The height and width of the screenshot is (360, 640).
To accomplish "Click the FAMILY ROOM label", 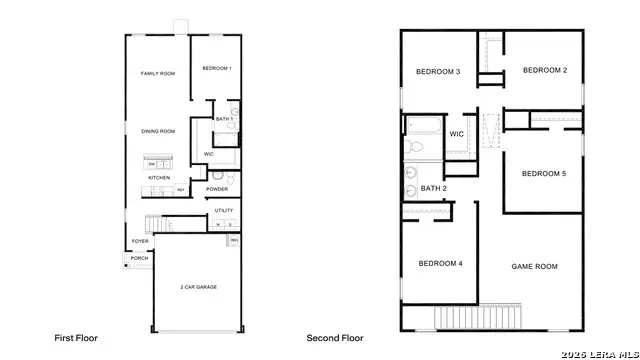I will (158, 74).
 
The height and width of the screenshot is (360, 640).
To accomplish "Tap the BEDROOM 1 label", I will (217, 68).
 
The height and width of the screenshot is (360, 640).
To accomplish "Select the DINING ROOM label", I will (158, 131).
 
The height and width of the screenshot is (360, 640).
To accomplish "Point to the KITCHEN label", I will (160, 177).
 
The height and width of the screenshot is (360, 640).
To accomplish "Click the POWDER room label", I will (217, 189).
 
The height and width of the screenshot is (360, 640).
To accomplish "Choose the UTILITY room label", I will (223, 211).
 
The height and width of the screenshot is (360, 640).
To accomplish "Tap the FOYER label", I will (140, 241).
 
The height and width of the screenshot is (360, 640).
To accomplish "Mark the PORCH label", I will (139, 258).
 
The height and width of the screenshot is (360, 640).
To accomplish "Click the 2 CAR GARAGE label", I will (199, 287).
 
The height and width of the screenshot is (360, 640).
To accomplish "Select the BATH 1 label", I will (225, 119).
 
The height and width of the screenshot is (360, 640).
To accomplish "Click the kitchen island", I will (158, 163).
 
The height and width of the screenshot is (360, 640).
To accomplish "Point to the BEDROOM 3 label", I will (438, 72).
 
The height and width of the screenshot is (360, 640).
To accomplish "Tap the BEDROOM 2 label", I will (545, 70).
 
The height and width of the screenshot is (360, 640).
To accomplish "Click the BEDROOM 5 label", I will (544, 174).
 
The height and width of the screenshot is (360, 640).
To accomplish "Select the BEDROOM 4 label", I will (440, 264).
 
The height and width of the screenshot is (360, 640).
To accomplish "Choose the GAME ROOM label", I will (534, 267).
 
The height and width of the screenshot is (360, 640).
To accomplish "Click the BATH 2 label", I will (433, 188).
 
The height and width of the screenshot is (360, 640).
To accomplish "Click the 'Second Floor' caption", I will (334, 338).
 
